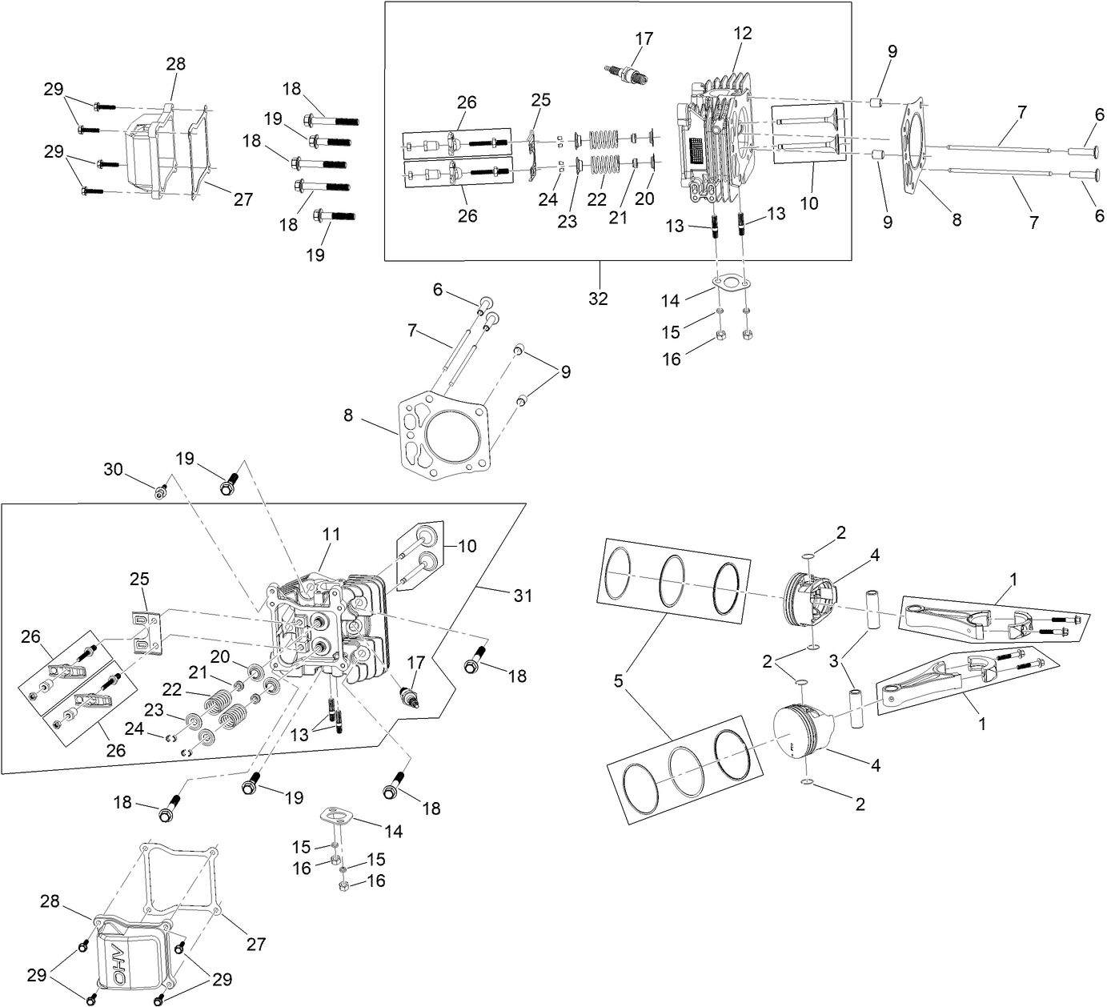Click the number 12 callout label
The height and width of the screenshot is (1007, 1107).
click(x=742, y=33)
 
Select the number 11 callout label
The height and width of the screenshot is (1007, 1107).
click(x=331, y=533)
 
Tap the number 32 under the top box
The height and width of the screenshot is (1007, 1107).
click(x=598, y=299)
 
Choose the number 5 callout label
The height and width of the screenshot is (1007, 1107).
click(x=618, y=682)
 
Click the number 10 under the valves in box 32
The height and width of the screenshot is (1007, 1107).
click(x=808, y=203)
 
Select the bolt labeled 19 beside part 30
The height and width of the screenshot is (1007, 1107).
click(x=230, y=484)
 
